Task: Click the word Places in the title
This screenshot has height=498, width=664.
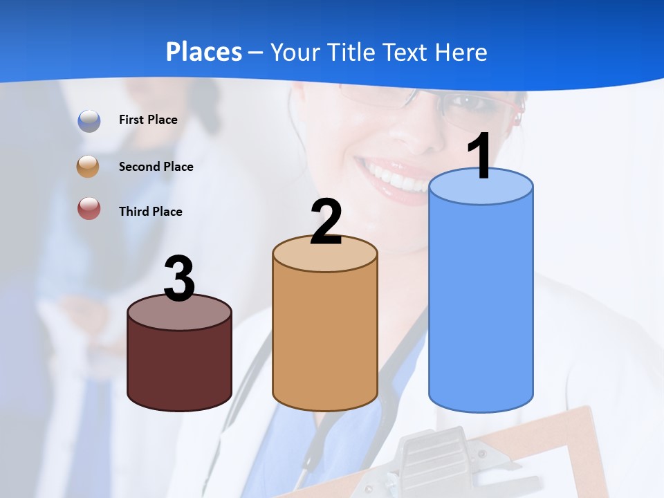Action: pos(204,52)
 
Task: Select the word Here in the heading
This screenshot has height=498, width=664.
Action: pos(461,52)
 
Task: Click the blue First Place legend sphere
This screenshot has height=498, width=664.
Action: pos(89,120)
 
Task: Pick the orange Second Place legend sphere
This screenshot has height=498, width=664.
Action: pos(89,167)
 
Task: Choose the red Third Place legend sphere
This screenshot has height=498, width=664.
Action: pos(89,208)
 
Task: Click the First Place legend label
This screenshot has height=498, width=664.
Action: pos(148,120)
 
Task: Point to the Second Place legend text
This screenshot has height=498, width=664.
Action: pos(156,167)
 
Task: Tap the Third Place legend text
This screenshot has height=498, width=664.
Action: pos(150,212)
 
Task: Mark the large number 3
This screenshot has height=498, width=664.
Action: pos(180,279)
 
